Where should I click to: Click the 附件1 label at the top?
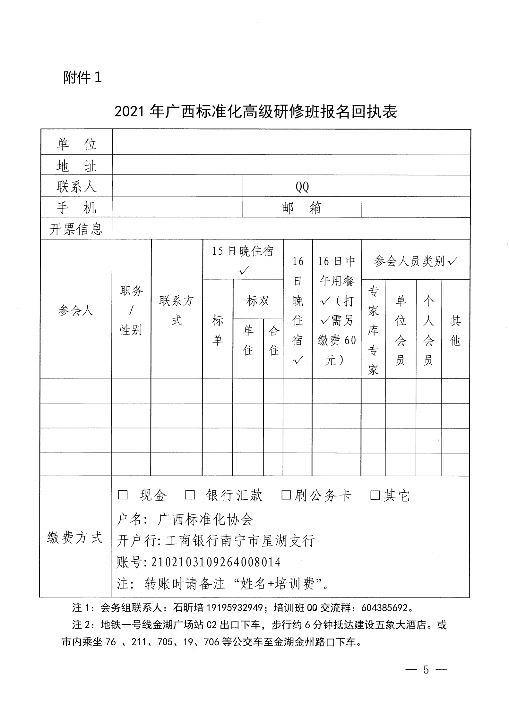pyautogui.click(x=82, y=77)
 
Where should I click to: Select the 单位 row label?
pyautogui.click(x=76, y=144)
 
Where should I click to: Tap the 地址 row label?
pyautogui.click(x=76, y=166)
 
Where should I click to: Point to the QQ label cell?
pyautogui.click(x=302, y=186)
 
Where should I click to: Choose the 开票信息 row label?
pyautogui.click(x=76, y=229)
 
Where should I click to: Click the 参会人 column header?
pyautogui.click(x=76, y=310)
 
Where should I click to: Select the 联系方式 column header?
pyautogui.click(x=177, y=310)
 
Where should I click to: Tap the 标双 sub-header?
pyautogui.click(x=258, y=301)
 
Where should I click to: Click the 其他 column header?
pyautogui.click(x=455, y=330)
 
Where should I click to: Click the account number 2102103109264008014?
pyautogui.click(x=216, y=562)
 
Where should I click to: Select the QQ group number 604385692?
pyautogui.click(x=384, y=608)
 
